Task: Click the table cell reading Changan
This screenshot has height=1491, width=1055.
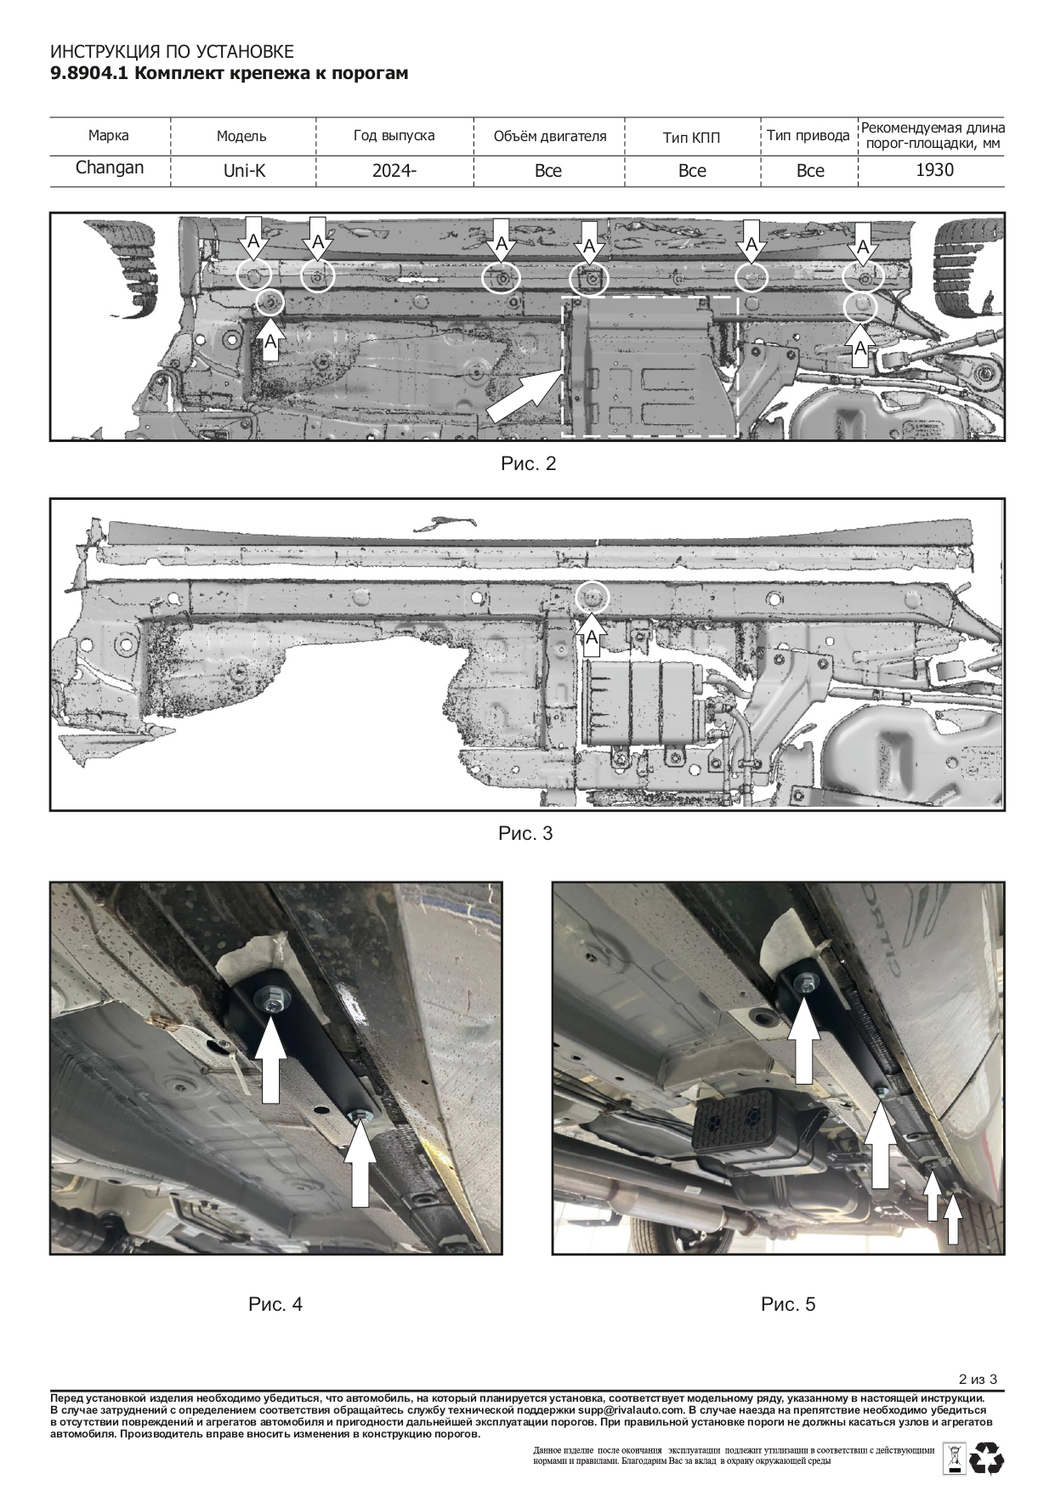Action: [x=110, y=167]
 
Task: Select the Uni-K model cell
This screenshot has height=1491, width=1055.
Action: [x=244, y=170]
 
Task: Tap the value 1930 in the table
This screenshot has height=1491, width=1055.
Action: [x=934, y=169]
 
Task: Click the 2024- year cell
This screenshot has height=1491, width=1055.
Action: [x=394, y=170]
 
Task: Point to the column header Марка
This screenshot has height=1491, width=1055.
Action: [x=109, y=135]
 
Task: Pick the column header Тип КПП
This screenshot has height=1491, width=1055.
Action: [x=692, y=137]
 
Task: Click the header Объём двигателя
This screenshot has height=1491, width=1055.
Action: [x=550, y=136]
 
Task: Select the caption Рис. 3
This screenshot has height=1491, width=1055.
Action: [x=525, y=833]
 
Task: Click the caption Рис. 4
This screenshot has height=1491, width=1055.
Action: [x=275, y=1304]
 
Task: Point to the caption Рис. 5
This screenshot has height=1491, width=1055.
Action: [x=788, y=1304]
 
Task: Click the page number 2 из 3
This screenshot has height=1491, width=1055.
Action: [x=977, y=1379]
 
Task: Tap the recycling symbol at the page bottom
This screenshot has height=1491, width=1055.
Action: [x=987, y=1457]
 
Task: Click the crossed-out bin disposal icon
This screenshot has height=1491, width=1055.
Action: [x=954, y=1457]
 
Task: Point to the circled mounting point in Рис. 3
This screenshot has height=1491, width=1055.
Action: [x=593, y=598]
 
